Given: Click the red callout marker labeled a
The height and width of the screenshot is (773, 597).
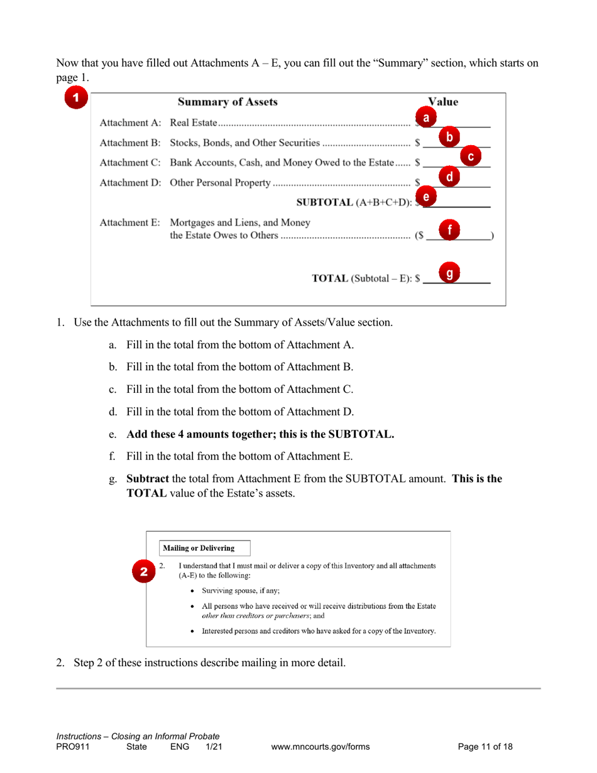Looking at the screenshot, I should tap(425, 118).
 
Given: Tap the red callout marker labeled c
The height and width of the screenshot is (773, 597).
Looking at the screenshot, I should tap(471, 156).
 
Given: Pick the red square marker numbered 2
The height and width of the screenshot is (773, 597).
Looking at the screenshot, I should tap(144, 571).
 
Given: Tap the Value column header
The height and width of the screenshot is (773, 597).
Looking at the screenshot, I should tap(443, 102).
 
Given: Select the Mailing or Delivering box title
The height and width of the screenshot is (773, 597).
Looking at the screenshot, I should tap(199, 548).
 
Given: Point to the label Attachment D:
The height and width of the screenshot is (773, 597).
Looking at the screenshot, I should tap(131, 183).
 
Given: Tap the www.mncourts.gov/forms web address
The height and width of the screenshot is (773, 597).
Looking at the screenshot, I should tap(320, 747).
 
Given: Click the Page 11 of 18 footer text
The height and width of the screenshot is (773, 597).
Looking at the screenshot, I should tap(485, 747).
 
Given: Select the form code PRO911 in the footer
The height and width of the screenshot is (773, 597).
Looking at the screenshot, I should tap(70, 747).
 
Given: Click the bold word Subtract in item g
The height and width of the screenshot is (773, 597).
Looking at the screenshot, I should tap(148, 478).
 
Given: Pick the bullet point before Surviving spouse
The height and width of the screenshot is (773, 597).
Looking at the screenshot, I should tap(192, 591).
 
